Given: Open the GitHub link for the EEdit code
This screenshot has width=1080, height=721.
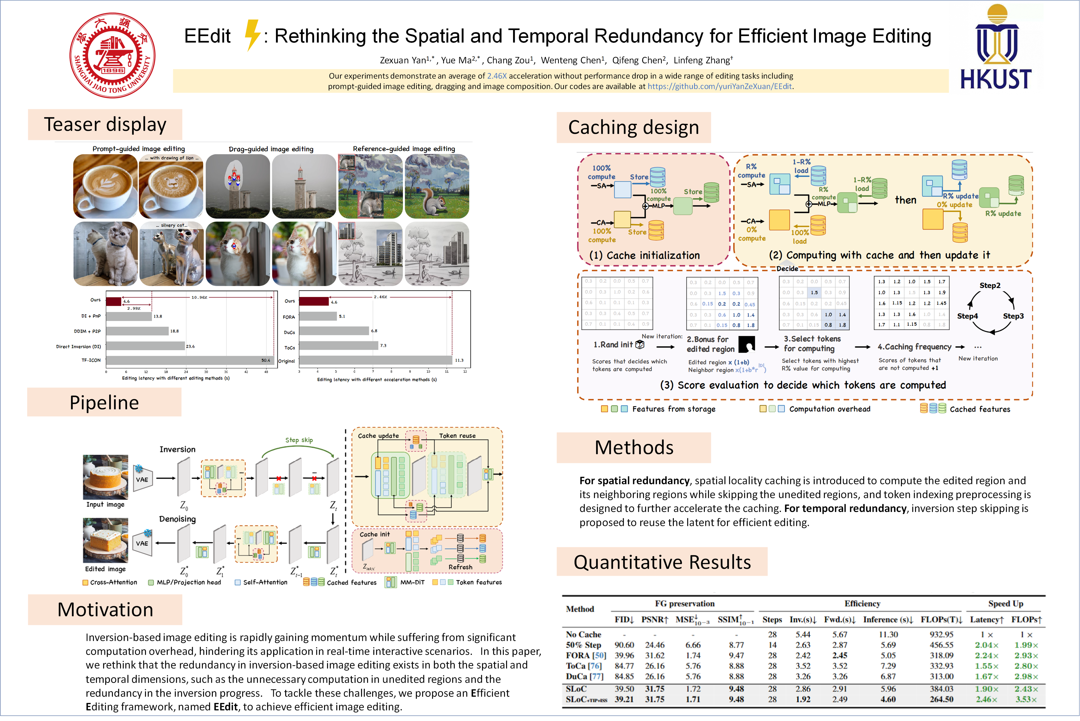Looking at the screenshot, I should (719, 86).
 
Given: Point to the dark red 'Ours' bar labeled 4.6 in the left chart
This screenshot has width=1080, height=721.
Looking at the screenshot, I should (114, 302).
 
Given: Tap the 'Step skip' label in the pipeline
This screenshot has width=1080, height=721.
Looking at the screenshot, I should (299, 440).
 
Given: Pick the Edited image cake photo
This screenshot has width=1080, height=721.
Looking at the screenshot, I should (105, 540).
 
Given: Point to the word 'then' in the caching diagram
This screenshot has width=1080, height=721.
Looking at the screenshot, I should (905, 200).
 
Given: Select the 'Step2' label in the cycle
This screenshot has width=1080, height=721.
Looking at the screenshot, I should (990, 286).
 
